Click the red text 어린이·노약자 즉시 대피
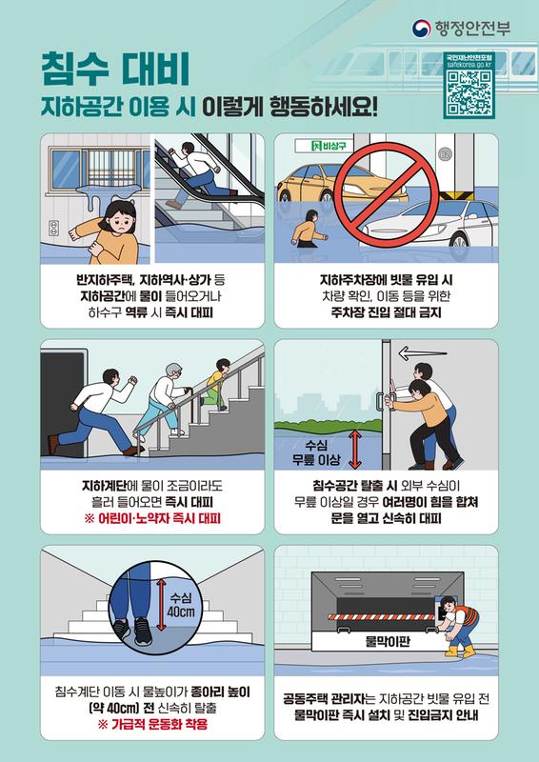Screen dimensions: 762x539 (152, 519)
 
